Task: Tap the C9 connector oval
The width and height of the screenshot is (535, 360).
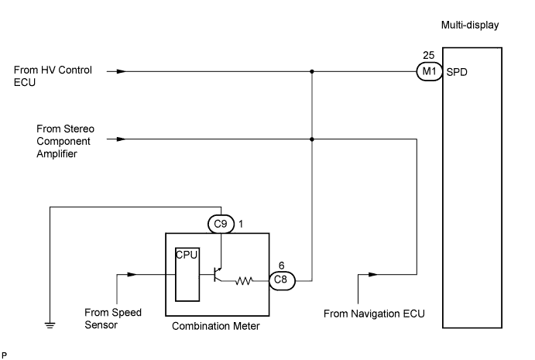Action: [x=221, y=223]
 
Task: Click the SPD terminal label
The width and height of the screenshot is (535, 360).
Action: [x=457, y=72]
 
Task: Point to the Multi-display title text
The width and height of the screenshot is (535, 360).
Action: [x=470, y=26]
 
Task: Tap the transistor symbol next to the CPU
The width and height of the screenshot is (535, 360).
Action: [x=219, y=273]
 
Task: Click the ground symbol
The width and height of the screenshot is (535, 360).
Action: [x=50, y=325]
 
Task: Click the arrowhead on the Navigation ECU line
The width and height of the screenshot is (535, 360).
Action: [x=373, y=273]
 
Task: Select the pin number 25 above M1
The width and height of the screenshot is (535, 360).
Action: [x=428, y=57]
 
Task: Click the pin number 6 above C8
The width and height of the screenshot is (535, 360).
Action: [x=281, y=264]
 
